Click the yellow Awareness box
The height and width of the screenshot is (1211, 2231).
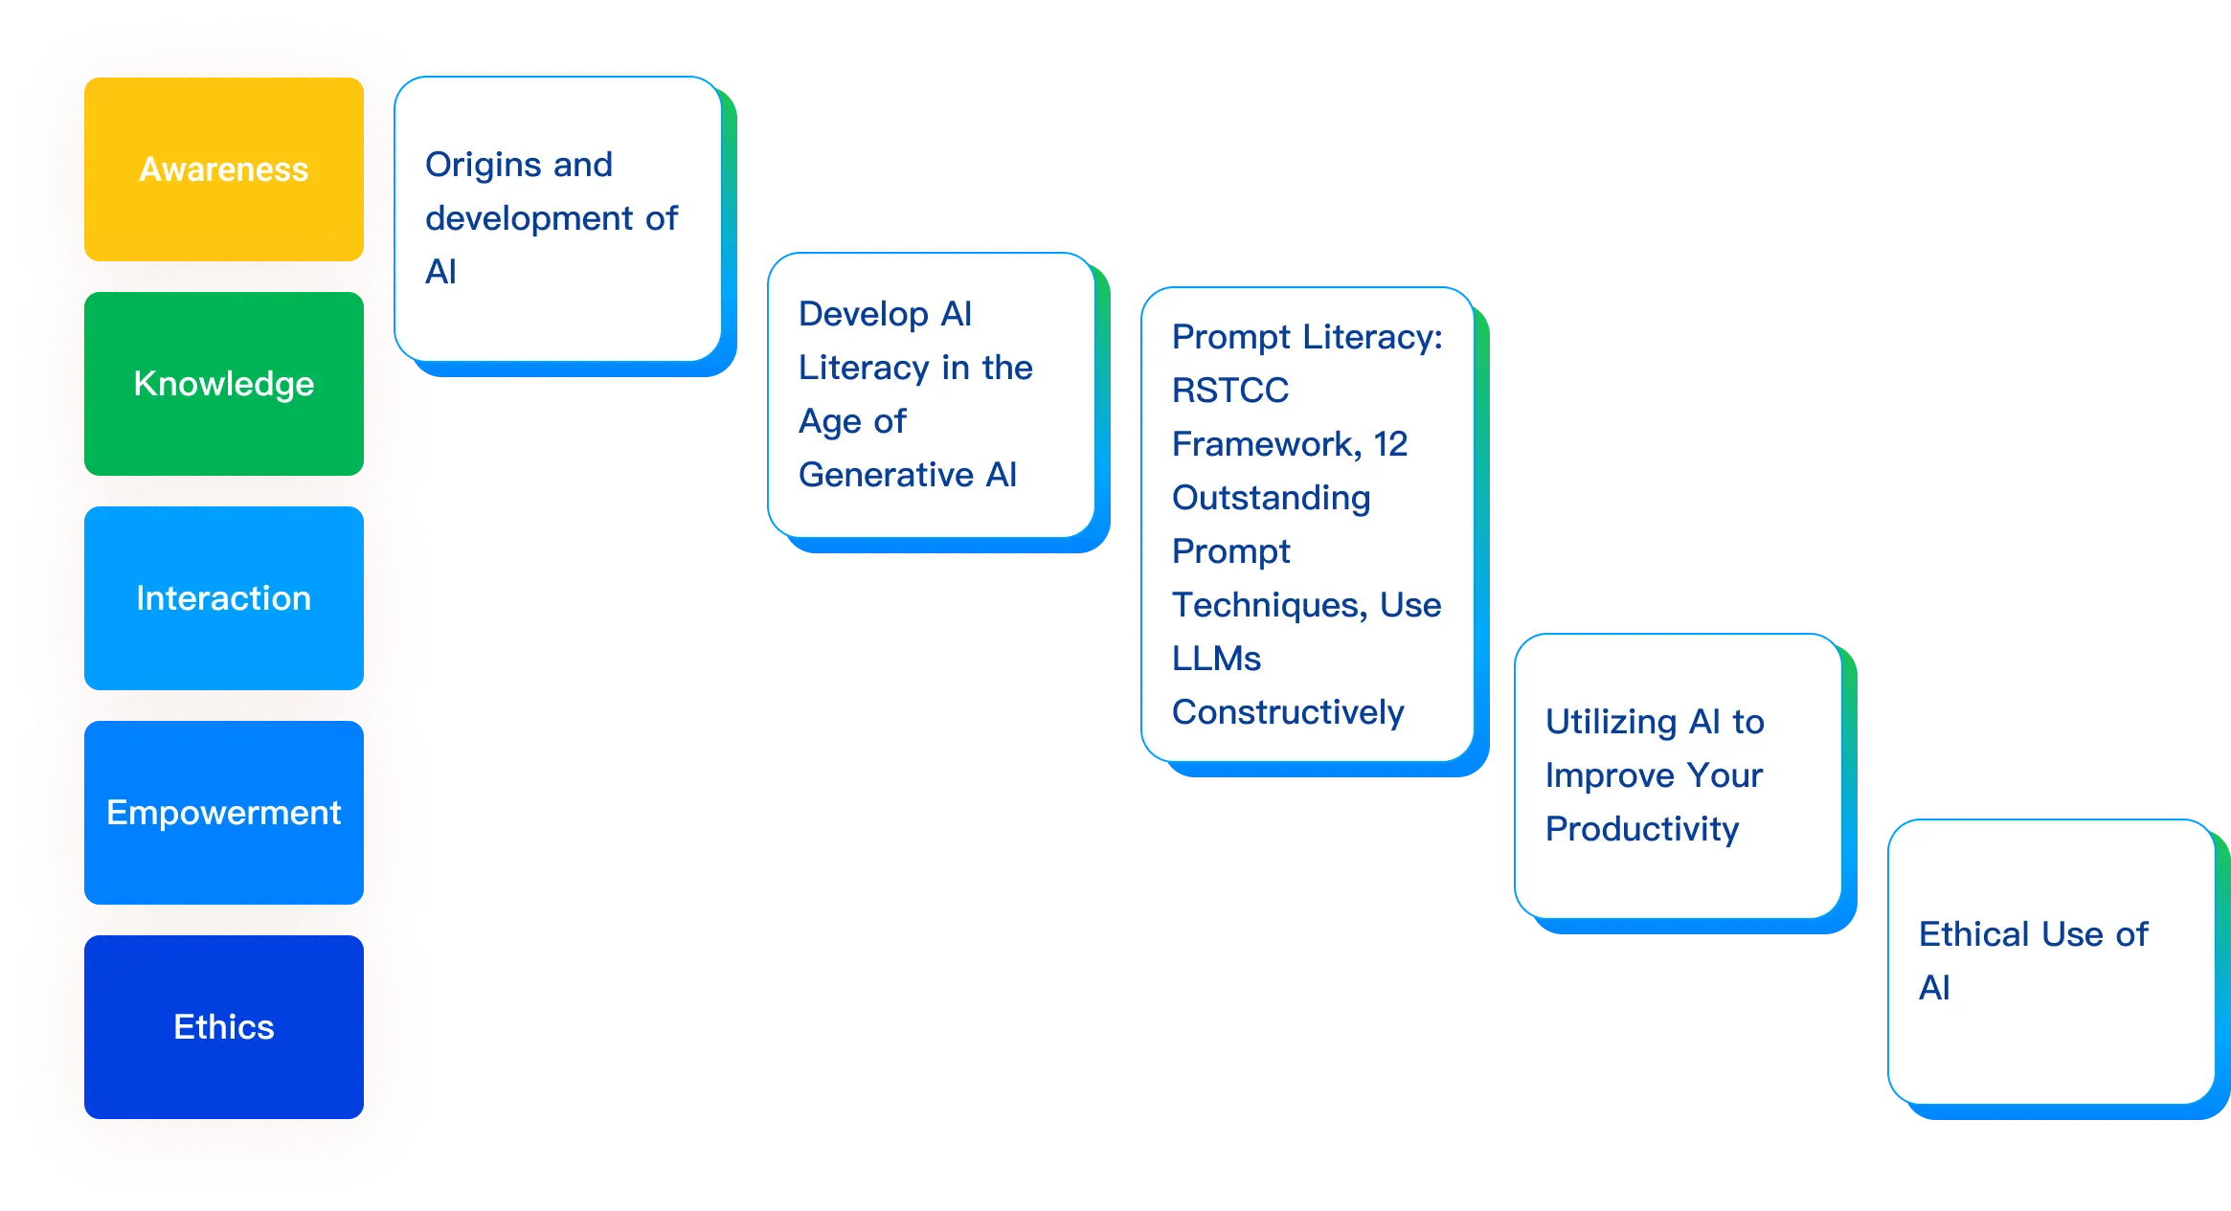(x=223, y=169)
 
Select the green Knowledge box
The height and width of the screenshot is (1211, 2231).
(x=223, y=384)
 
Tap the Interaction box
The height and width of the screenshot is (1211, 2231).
(x=223, y=598)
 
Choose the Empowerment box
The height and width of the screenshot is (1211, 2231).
(x=223, y=813)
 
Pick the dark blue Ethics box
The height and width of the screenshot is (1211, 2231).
(x=223, y=1027)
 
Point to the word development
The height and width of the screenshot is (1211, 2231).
(x=529, y=218)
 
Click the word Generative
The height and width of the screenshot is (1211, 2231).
(x=886, y=475)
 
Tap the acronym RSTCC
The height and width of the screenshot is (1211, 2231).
(x=1229, y=391)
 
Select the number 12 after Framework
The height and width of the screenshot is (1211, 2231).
(x=1390, y=444)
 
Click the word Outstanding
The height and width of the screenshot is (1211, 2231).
(x=1271, y=498)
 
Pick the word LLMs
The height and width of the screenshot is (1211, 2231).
(x=1216, y=659)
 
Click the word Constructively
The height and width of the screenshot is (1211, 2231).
(x=1288, y=712)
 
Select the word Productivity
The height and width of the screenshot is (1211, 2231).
(x=1641, y=829)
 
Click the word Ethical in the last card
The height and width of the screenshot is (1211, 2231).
(x=1973, y=934)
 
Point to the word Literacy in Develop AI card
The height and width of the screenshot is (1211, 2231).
(x=863, y=368)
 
